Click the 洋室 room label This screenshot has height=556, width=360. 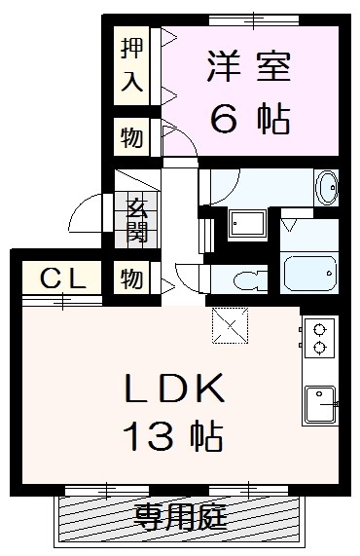click(x=249, y=66)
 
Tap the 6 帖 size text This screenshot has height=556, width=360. click(x=250, y=119)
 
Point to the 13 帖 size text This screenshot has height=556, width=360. click(x=173, y=436)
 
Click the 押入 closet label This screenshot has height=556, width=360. click(x=131, y=65)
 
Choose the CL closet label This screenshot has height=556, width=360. click(x=62, y=278)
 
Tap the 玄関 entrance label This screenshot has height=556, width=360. click(x=137, y=221)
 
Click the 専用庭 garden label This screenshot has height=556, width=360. click(x=180, y=518)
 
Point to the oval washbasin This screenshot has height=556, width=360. click(x=326, y=187)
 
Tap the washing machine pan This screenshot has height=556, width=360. click(x=247, y=223)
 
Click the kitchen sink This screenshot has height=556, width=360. click(x=320, y=404)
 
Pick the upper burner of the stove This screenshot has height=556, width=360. click(x=319, y=330)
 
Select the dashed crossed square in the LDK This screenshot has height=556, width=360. click(x=230, y=326)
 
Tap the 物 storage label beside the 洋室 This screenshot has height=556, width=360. click(x=131, y=137)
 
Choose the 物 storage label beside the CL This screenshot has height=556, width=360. click(x=131, y=278)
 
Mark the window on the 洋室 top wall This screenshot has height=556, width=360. click(x=254, y=19)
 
